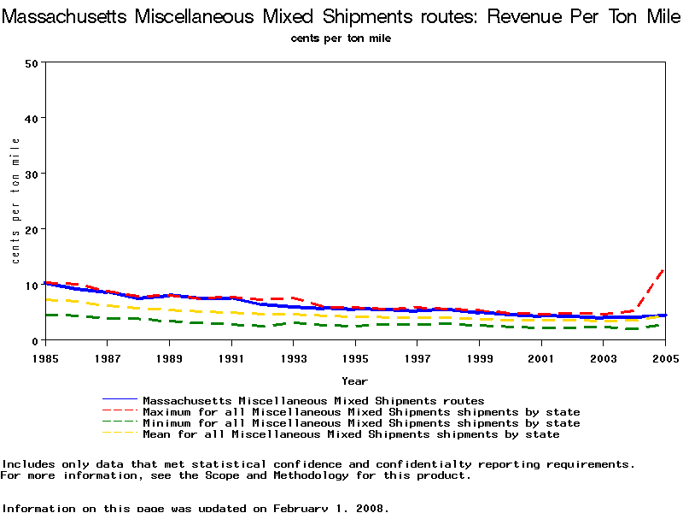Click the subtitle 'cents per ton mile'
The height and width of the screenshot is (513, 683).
pos(341,38)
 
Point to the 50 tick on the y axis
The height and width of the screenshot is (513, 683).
pos(32,62)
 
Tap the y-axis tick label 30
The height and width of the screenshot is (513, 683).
pos(32,174)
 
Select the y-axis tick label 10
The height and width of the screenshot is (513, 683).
pos(32,285)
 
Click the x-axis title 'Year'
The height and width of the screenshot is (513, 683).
pos(354,380)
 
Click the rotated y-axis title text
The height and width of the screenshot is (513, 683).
pos(15,201)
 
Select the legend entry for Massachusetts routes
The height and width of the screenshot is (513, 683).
pos(313,400)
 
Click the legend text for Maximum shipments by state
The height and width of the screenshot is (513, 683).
pos(361,412)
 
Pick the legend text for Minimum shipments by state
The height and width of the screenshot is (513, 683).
pos(361,423)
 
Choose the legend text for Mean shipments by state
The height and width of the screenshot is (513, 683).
pos(351,434)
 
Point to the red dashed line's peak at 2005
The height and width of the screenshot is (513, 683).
pos(664,269)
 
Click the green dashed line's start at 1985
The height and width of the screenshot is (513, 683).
pos(45,315)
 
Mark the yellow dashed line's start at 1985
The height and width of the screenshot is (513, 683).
pos(45,299)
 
